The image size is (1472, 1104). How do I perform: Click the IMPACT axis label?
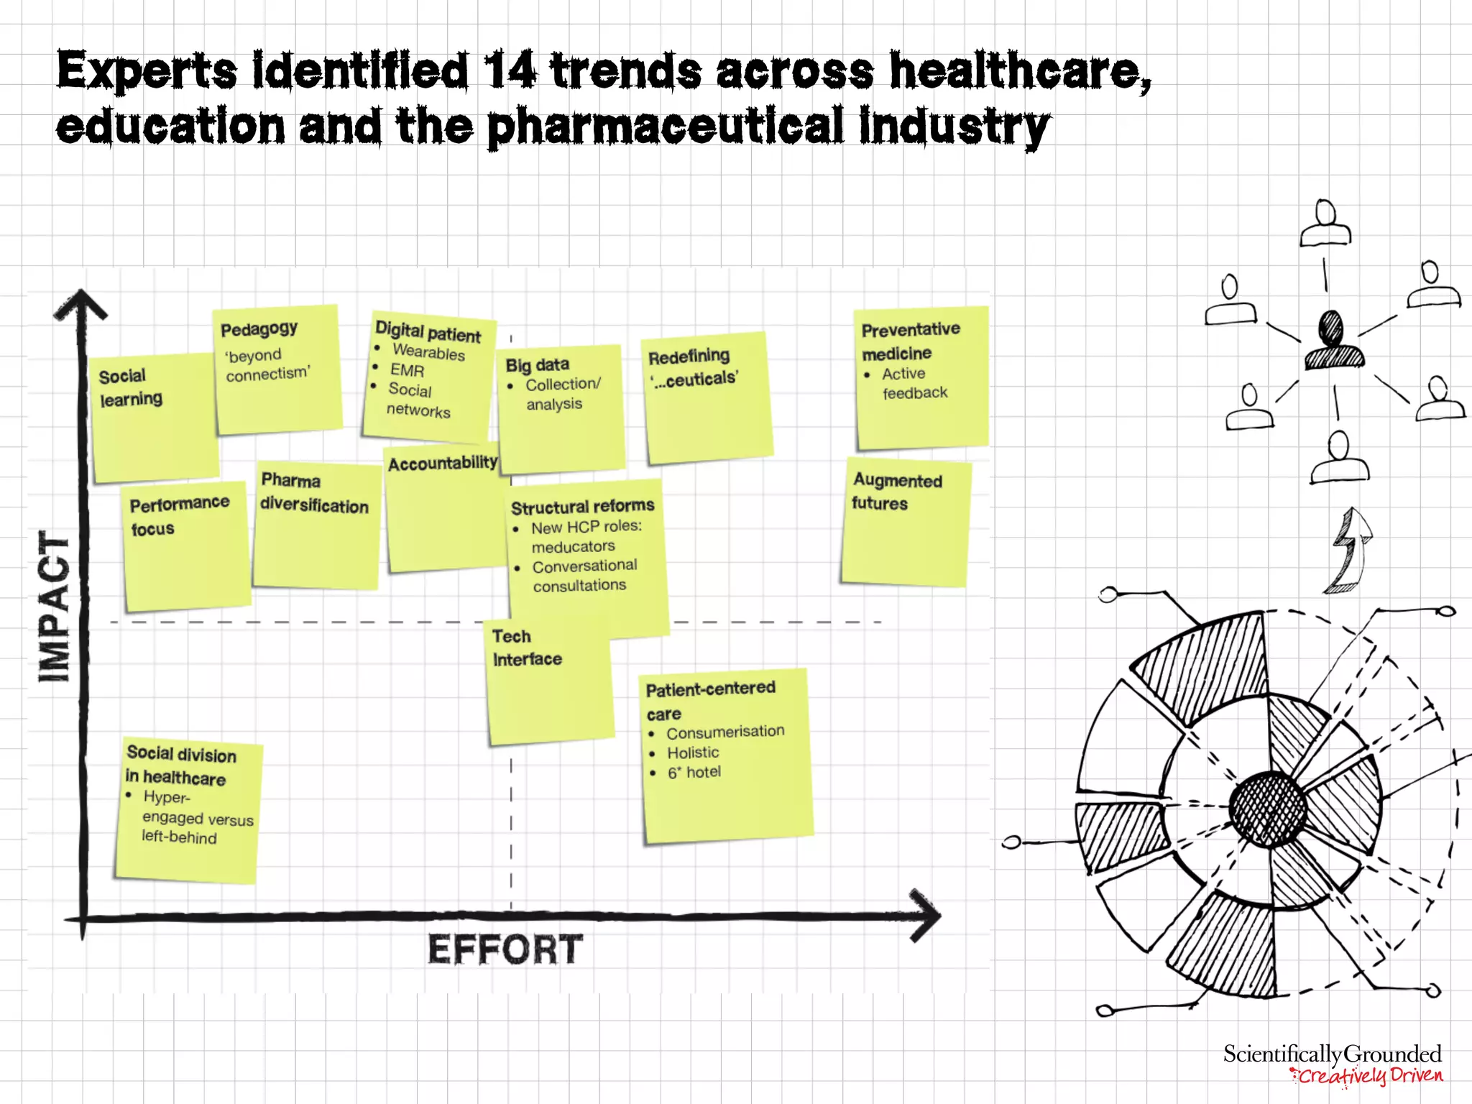click(x=55, y=607)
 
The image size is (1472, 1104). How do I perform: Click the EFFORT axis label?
click(x=505, y=949)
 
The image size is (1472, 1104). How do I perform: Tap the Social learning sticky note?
click(x=154, y=417)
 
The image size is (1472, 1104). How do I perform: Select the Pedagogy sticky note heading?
click(x=259, y=329)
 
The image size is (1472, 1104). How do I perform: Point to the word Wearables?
click(x=428, y=352)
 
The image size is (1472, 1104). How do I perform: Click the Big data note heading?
click(x=537, y=365)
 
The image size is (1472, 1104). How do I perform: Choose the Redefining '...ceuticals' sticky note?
click(x=707, y=397)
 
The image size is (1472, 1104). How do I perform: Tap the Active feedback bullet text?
click(x=914, y=383)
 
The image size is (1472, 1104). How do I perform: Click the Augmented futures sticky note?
click(x=905, y=523)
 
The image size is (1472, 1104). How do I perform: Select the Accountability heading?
click(x=442, y=464)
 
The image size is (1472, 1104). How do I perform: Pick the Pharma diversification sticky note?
click(x=316, y=525)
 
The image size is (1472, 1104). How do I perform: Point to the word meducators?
click(x=573, y=547)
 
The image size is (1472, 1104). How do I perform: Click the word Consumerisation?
click(x=724, y=732)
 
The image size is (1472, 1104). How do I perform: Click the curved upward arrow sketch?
click(x=1350, y=550)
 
